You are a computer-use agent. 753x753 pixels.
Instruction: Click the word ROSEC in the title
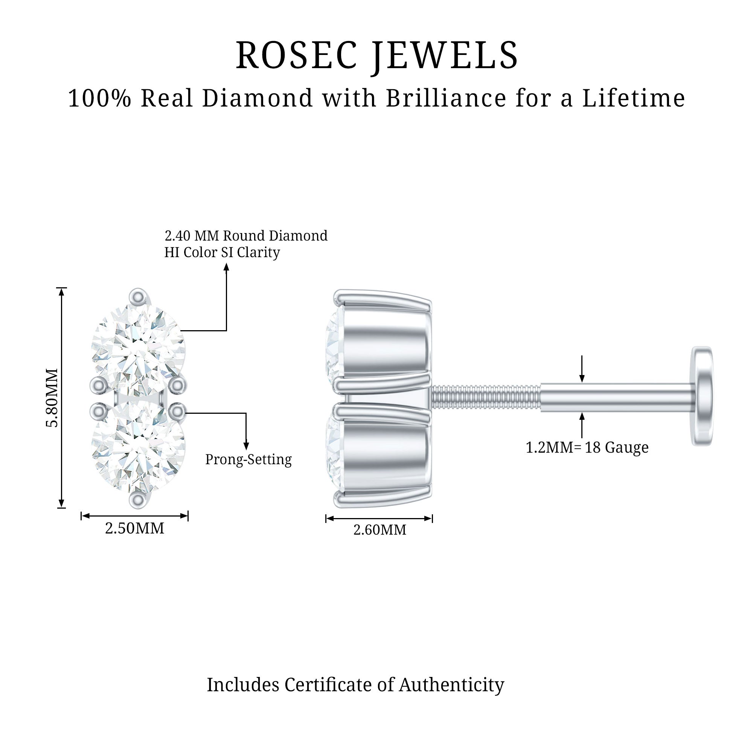point(296,55)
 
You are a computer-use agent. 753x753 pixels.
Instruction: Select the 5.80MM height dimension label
point(52,398)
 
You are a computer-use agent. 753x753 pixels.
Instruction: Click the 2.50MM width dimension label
point(134,529)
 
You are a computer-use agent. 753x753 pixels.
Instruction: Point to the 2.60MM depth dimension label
point(380,530)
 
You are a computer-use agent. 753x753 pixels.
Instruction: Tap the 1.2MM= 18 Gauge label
point(587,447)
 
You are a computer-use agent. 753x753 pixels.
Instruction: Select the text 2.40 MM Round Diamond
point(246,236)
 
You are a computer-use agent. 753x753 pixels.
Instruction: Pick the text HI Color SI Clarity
point(222,253)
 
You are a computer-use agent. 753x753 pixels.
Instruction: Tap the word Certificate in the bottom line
point(329,685)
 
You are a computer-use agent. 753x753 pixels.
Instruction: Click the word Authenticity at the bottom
point(451,685)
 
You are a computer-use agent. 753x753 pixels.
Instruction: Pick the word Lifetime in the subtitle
point(633,98)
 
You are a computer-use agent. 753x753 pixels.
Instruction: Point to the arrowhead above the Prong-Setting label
point(246,446)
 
